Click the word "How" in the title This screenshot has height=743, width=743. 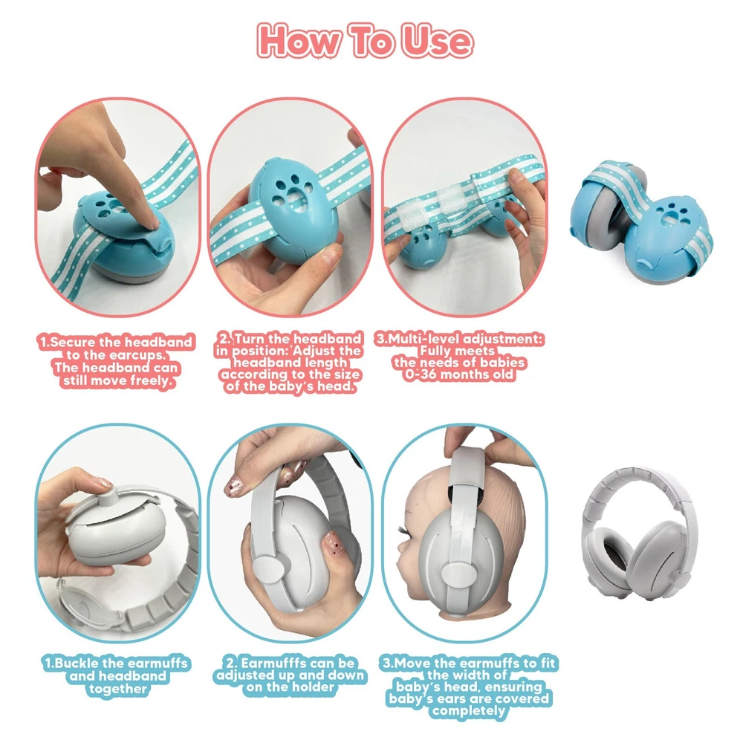tap(299, 41)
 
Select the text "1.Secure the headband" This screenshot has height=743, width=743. tap(116, 342)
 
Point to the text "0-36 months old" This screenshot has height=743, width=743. tap(458, 374)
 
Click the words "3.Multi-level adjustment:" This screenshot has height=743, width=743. tap(459, 339)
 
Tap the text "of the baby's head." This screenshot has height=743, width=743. tap(291, 386)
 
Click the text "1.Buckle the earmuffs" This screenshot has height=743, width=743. tap(117, 663)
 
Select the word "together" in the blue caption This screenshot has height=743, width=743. tap(117, 689)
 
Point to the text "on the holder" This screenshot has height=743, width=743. tap(290, 687)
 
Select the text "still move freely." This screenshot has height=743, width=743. tap(117, 381)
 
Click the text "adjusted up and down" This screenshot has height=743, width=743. tap(291, 675)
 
